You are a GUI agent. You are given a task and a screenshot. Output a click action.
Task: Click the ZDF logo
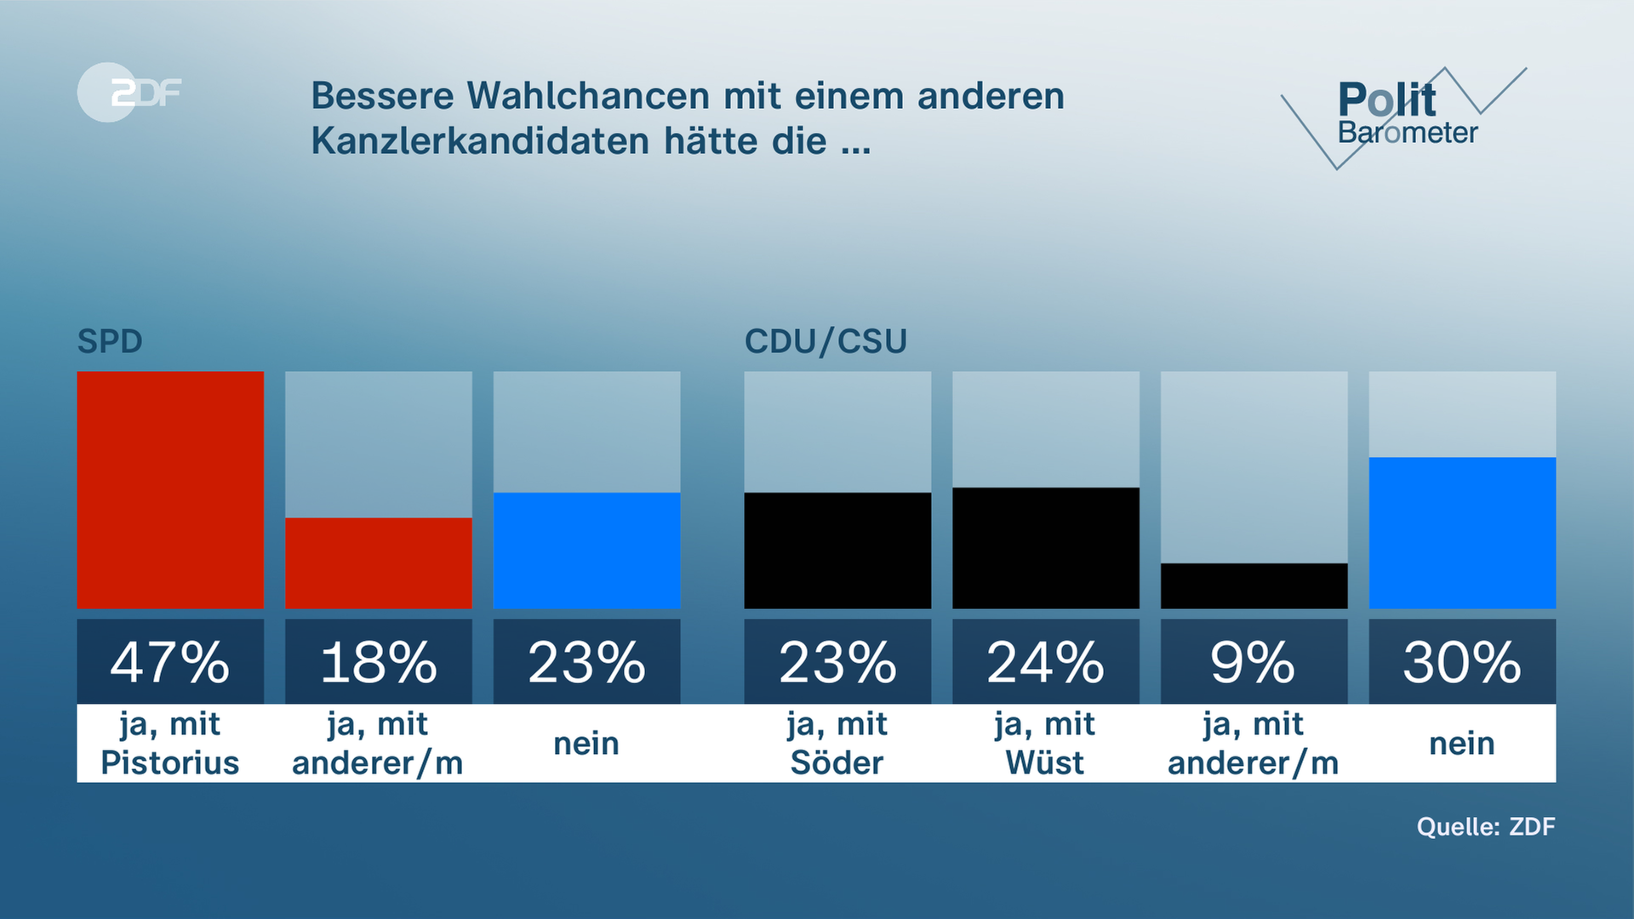point(129,92)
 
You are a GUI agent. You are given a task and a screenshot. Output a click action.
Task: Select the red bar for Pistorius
point(170,489)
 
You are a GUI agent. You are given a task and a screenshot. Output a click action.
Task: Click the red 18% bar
point(379,562)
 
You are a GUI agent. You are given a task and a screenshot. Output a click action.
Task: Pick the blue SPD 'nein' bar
point(586,550)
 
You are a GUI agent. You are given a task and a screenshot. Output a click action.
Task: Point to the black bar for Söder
point(837,550)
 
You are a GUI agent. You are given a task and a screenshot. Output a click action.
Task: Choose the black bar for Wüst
point(1046,547)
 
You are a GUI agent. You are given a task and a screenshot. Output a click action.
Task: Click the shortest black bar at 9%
point(1254,585)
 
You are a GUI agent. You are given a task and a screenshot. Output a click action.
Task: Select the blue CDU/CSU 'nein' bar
point(1462,533)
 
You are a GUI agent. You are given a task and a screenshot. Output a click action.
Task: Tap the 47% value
point(170,662)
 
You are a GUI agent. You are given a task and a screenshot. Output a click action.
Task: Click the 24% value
point(1046,662)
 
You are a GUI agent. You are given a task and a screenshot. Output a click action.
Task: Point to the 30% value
point(1462,662)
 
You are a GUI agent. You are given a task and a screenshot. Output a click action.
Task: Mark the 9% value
point(1254,662)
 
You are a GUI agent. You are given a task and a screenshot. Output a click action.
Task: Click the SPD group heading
point(110,341)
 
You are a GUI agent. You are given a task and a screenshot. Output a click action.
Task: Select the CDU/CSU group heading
point(826,341)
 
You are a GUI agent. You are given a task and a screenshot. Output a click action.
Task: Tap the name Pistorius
point(170,762)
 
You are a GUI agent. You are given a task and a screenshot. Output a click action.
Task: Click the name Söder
point(837,762)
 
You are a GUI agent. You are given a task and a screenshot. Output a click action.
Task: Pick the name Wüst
point(1046,762)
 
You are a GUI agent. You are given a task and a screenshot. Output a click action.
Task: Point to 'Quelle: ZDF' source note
point(1486,826)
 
